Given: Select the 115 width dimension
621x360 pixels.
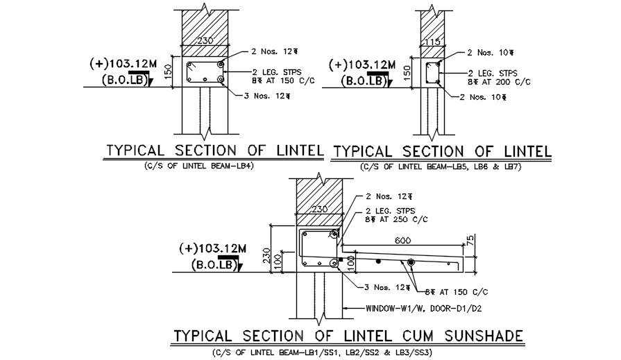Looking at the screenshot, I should [x=432, y=42].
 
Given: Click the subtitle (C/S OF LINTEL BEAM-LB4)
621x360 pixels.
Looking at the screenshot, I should [x=198, y=166].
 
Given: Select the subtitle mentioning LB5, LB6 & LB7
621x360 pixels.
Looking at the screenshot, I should [x=441, y=167].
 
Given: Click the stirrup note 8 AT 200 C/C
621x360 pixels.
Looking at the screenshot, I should [x=499, y=81].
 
